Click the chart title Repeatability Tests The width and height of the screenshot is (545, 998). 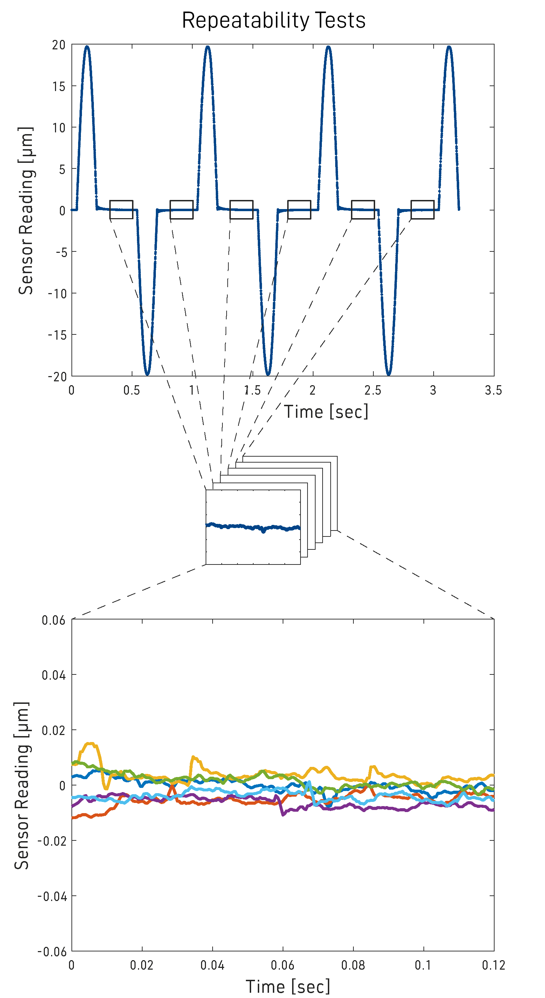point(274,20)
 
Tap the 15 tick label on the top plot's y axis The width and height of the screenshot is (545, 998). point(59,86)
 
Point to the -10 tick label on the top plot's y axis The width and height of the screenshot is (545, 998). point(57,294)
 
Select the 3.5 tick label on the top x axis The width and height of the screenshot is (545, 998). point(493,390)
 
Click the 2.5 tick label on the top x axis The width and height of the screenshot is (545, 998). point(373,390)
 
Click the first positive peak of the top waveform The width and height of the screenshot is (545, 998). point(87,47)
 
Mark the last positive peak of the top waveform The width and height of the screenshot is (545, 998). point(449,47)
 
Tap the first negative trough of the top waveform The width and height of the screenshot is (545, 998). point(147,374)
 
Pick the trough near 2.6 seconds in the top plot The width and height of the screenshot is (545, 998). point(388,374)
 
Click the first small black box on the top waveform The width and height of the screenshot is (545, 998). point(121,210)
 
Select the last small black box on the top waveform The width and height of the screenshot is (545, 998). point(422,210)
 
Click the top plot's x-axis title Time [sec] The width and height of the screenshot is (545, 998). point(326,411)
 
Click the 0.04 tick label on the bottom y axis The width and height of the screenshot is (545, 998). point(54,675)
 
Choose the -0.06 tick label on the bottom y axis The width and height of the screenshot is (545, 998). point(52,951)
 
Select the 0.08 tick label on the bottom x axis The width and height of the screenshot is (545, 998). point(353,965)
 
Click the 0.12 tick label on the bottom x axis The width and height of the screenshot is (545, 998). point(493,965)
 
